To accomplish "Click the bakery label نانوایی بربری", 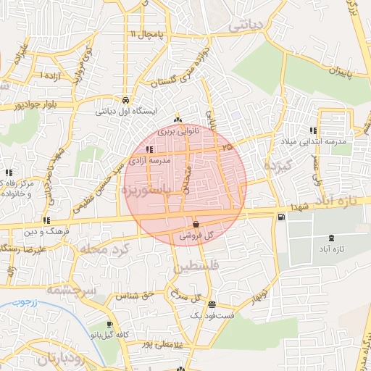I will pyautogui.click(x=178, y=133).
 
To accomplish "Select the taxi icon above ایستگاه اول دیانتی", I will pyautogui.click(x=126, y=101).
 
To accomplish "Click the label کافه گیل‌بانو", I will pyautogui.click(x=109, y=335).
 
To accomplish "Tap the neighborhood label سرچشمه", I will pyautogui.click(x=71, y=288).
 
